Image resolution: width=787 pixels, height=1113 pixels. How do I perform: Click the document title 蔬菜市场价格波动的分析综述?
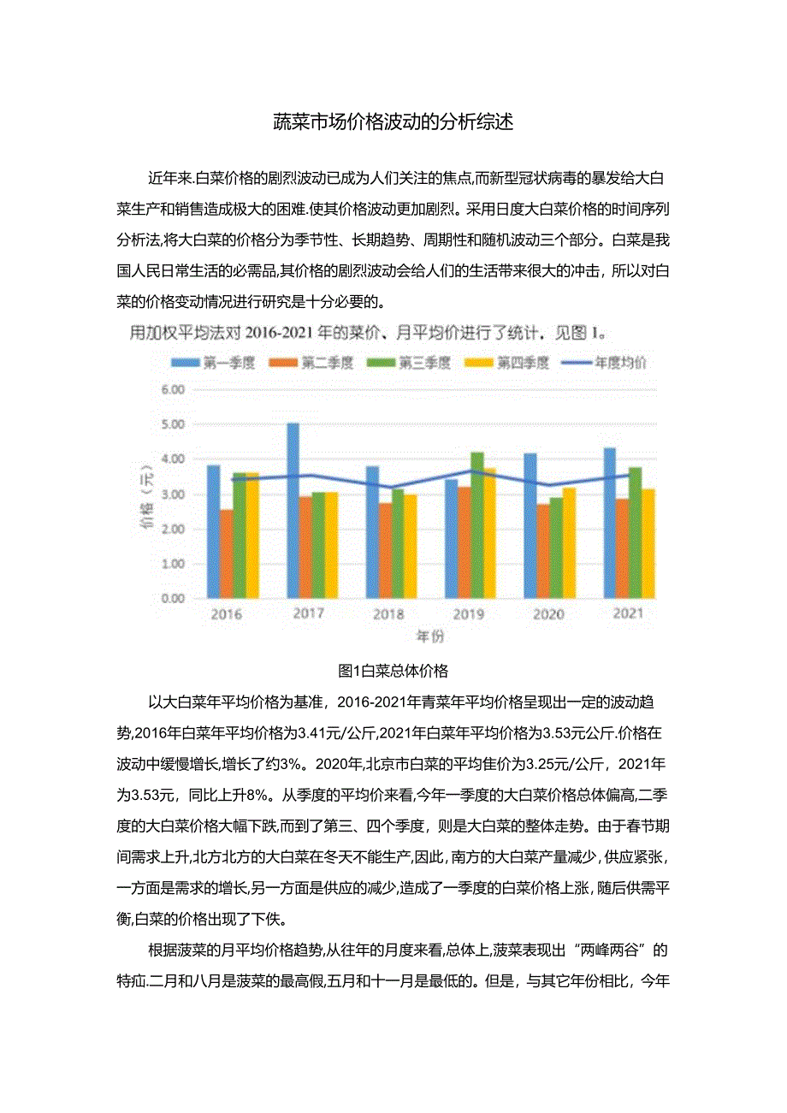coord(393,122)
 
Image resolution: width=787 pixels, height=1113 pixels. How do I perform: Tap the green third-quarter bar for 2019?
coord(476,524)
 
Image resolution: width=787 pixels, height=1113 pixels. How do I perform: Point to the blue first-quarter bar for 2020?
coord(530,525)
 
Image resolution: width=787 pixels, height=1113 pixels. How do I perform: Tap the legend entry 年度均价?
coord(606,363)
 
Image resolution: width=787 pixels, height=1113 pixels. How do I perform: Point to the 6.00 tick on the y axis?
coord(173,389)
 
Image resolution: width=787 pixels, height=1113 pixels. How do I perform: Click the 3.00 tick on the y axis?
coord(173,494)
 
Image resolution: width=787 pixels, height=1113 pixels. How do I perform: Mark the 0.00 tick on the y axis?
coord(173,599)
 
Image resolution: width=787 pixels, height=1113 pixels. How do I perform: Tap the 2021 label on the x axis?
coord(629,613)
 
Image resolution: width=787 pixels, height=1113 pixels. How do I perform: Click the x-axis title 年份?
coord(429,636)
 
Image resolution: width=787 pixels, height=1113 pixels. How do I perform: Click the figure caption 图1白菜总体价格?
coord(393,670)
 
